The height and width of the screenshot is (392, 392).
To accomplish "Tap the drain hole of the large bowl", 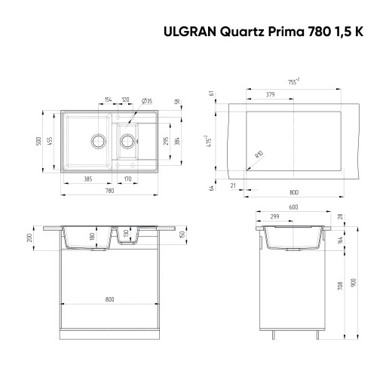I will point(97,139).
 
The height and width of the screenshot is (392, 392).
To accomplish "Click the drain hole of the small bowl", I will point(128,139).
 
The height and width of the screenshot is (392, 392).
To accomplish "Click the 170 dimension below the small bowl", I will point(129,179).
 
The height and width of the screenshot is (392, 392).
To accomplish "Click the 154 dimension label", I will point(109,100).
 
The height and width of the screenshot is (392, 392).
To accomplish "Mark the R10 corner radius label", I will point(259,155).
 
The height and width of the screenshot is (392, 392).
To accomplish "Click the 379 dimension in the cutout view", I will point(270,95).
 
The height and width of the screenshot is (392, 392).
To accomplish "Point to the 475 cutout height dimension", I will point(216,140).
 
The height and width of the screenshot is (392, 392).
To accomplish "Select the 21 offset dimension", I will point(233,184).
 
